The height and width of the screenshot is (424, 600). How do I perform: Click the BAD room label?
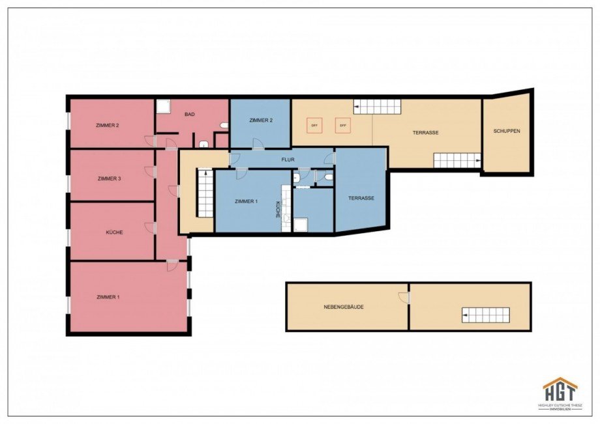tap(190, 115)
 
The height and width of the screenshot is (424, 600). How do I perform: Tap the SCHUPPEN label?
tap(507, 131)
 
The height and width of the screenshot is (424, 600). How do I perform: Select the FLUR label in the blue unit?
tap(288, 158)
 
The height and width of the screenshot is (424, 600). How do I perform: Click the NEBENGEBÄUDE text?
tap(344, 307)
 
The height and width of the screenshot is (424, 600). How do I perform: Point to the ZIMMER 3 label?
tap(109, 178)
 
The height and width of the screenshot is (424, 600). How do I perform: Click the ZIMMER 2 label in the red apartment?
tap(107, 125)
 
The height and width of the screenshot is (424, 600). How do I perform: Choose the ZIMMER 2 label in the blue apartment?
tap(261, 120)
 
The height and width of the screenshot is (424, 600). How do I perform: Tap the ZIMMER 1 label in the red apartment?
tap(108, 297)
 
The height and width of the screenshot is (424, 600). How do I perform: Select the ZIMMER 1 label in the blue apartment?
tap(247, 202)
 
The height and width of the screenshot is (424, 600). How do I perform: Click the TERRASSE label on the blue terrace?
tap(361, 198)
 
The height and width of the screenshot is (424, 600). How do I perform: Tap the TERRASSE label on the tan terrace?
tap(425, 132)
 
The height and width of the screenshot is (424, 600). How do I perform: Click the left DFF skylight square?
tap(314, 125)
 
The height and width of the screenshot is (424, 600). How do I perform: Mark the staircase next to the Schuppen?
tap(457, 160)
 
